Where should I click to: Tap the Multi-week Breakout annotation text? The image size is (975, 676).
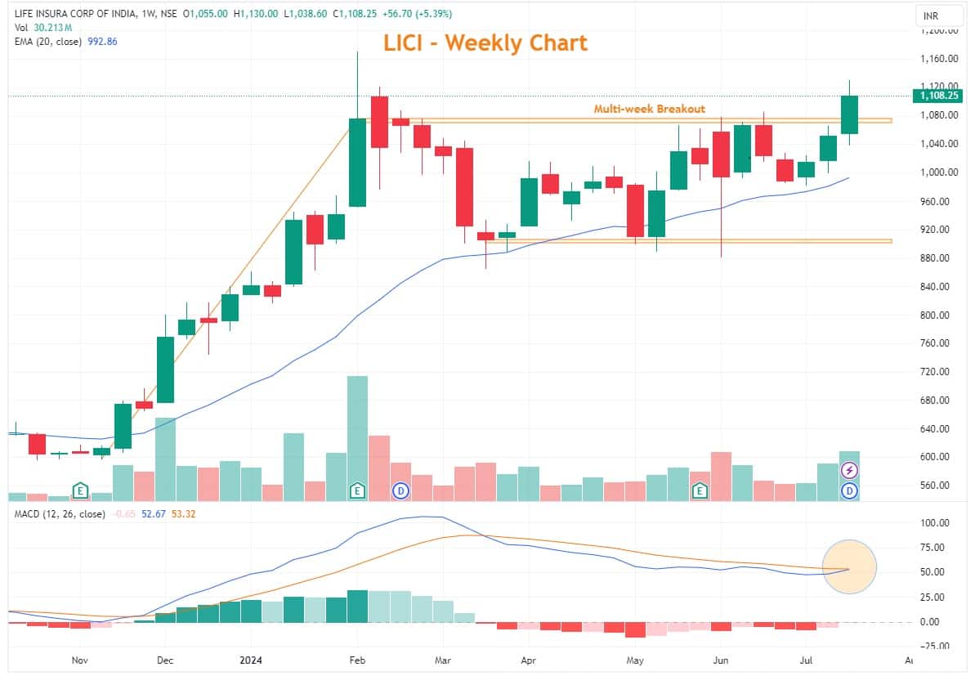(649, 109)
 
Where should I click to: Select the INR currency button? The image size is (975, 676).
(930, 16)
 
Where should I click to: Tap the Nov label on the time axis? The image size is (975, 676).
(79, 660)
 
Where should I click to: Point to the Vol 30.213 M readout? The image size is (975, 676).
(39, 28)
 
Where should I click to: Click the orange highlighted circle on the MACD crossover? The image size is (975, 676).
(849, 567)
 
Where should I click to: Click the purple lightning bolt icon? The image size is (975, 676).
(849, 470)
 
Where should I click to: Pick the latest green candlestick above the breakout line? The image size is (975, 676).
(849, 114)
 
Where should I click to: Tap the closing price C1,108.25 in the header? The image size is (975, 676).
(356, 14)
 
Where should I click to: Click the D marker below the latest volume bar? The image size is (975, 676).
(849, 490)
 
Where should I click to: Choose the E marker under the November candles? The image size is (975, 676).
(80, 490)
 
